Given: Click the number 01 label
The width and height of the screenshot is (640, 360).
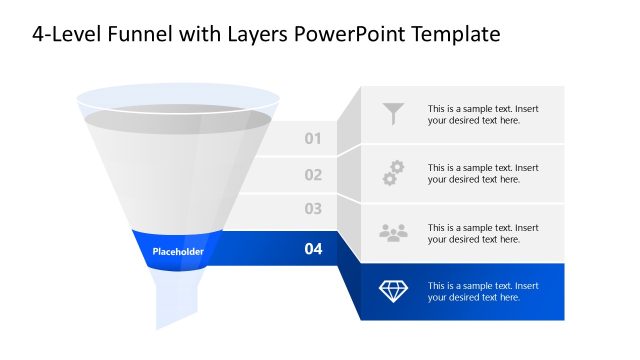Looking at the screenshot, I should pos(313,138).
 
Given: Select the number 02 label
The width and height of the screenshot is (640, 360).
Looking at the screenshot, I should pos(313,175).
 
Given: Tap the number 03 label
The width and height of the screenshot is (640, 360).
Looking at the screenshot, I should pos(313,209).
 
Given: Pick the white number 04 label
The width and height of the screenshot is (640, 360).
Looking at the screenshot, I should pos(313,249).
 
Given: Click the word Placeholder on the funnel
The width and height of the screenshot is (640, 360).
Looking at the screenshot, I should pos(178,252).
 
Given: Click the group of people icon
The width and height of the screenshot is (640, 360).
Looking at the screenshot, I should pos(394,232).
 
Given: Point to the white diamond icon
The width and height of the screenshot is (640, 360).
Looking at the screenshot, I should pos(394,291).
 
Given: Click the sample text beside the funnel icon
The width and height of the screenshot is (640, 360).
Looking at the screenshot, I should pos(483,114).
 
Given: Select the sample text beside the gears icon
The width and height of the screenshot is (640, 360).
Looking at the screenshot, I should pos(483,173).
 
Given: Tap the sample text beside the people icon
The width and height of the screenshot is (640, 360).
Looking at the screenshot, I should pos(483,233).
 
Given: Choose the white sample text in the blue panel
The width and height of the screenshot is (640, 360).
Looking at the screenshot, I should pos(483,291).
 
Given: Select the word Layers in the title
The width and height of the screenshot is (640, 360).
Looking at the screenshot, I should pos(252,35).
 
